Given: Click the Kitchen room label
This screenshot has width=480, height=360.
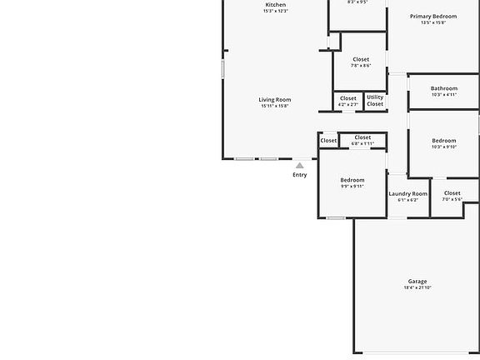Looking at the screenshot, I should point(275,5).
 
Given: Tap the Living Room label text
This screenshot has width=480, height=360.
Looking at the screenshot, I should point(275,99).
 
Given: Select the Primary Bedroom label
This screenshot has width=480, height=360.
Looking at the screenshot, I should point(433,16).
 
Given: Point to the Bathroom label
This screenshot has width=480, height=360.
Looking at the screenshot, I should point(444,88).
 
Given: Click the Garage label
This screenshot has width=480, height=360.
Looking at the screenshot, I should point(417,281).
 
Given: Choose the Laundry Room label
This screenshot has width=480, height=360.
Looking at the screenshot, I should point(408,193).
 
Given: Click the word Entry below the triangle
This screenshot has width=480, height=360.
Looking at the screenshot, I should point(299,174).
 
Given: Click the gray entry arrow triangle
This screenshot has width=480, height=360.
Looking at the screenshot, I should point(299,166).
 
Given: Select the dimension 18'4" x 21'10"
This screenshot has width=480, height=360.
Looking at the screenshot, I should point(417,287).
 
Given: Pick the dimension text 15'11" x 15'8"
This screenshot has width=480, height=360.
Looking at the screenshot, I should point(275,106).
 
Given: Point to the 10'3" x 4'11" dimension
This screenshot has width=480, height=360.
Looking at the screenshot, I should point(444,94).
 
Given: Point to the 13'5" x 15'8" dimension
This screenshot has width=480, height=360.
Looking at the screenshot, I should point(433,22).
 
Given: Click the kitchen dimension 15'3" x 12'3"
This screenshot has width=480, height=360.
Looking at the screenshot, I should point(275,11).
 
